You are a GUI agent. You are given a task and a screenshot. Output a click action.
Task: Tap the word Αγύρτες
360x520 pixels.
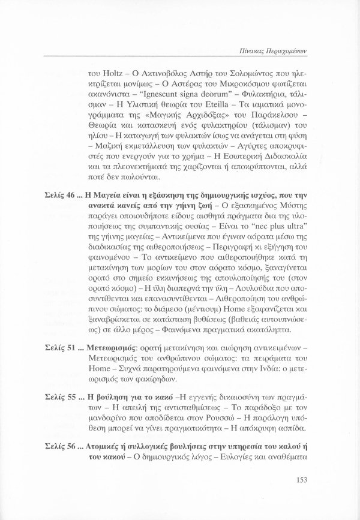pyautogui.click(x=234, y=176)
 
